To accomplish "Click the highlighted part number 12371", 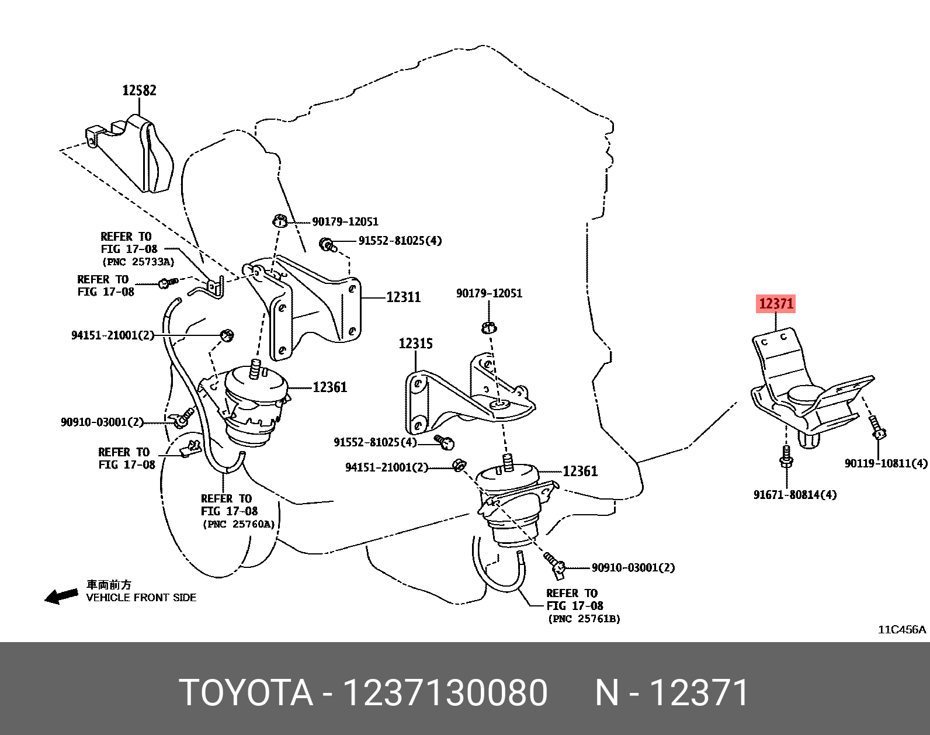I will pyautogui.click(x=776, y=304).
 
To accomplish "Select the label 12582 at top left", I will pyautogui.click(x=139, y=91).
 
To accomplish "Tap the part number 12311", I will pyautogui.click(x=403, y=297).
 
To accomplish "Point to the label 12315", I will pyautogui.click(x=416, y=344).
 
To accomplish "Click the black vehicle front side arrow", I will pyautogui.click(x=62, y=596).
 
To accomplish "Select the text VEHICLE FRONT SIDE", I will pyautogui.click(x=141, y=598).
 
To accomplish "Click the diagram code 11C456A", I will pyautogui.click(x=903, y=629).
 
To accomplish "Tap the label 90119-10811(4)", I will pyautogui.click(x=886, y=463).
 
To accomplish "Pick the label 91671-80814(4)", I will pyautogui.click(x=794, y=495).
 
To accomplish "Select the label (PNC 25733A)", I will pyautogui.click(x=138, y=262).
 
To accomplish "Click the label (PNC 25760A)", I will pyautogui.click(x=238, y=524).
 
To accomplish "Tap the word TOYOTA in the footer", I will pyautogui.click(x=245, y=693).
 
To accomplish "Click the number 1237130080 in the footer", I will pyautogui.click(x=445, y=693).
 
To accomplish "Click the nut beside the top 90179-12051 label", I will pyautogui.click(x=280, y=221).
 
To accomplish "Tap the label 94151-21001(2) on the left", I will pyautogui.click(x=112, y=335).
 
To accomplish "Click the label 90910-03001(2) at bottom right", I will pyautogui.click(x=633, y=567).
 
